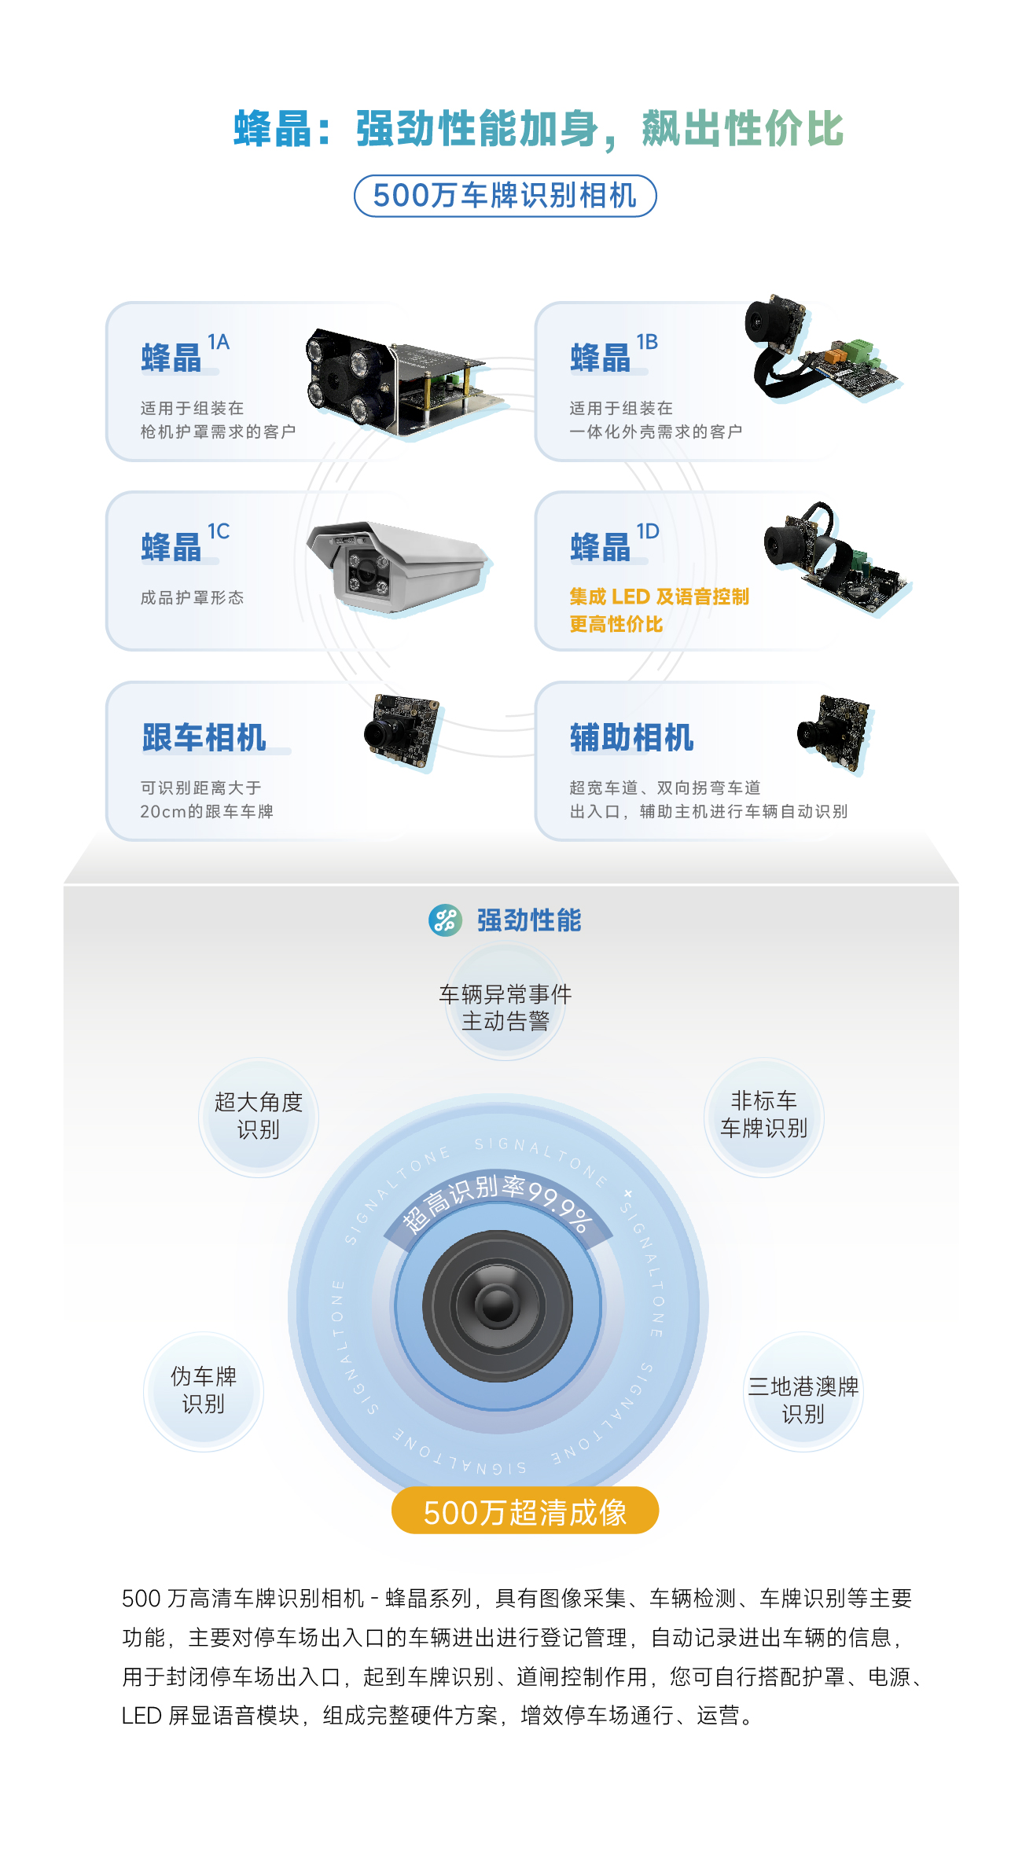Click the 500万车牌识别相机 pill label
point(505,196)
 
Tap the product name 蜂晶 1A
point(186,353)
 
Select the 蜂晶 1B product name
point(614,353)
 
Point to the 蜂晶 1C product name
point(186,542)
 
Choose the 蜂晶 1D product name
point(615,542)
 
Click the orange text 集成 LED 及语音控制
point(659,597)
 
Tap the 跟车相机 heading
point(204,737)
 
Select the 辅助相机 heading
point(632,737)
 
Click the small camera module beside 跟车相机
point(402,730)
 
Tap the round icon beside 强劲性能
point(445,920)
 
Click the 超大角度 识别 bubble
point(259,1117)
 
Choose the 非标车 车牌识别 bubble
point(764,1117)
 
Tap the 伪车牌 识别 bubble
point(204,1391)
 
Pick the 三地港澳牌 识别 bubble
point(803,1391)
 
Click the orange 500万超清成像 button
point(525,1510)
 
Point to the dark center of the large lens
point(498,1305)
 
